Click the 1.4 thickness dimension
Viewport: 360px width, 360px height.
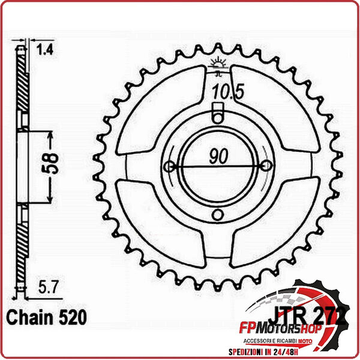coord(45,50)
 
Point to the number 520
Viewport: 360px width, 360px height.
coord(71,317)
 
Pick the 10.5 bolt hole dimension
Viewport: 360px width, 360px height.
coord(222,92)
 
